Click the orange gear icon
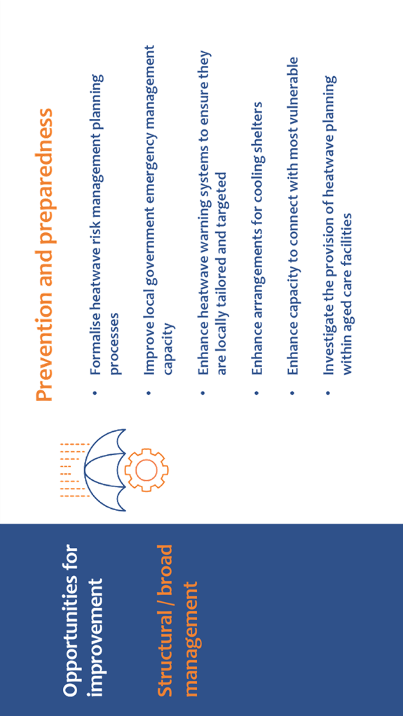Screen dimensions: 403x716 pos(146,470)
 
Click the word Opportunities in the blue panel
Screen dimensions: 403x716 pos(72,619)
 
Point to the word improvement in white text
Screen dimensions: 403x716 pos(98,638)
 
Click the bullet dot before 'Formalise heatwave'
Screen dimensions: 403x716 pos(95,392)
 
